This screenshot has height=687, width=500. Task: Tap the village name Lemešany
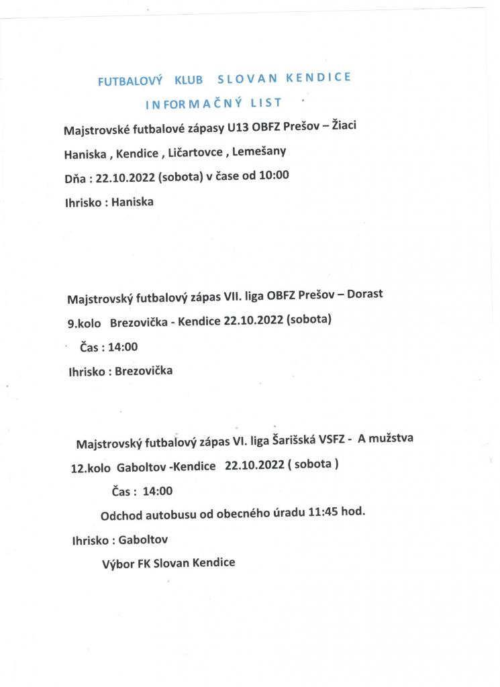coord(259,151)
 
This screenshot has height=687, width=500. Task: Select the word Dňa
coord(75,178)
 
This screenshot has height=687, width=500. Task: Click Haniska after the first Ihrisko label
coord(132,201)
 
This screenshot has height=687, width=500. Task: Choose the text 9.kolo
coord(84,323)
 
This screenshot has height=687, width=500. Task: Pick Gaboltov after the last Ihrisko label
coord(142,539)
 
